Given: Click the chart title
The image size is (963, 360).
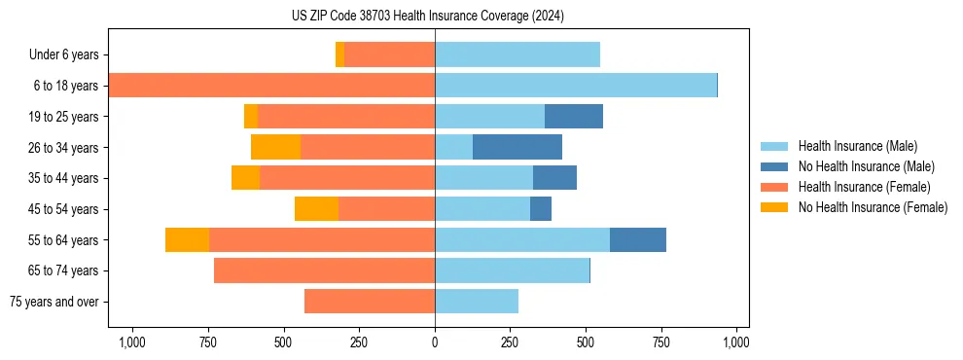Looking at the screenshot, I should tap(427, 16).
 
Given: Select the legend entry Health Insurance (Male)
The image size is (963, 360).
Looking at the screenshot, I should tap(856, 146).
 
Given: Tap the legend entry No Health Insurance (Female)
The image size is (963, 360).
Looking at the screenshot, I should tap(873, 207).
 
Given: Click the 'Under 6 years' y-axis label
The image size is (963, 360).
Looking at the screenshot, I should tap(63, 55).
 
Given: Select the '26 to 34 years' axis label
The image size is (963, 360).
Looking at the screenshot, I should tap(63, 148).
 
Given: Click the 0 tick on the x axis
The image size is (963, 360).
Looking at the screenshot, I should tap(435, 342).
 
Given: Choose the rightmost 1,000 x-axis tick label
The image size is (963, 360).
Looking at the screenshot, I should tap(736, 342).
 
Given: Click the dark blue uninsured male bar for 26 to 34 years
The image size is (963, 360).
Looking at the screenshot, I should tap(517, 147).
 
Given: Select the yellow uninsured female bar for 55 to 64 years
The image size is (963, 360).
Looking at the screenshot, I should tap(187, 239).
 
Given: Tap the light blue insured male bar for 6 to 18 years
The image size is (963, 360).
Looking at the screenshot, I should tap(576, 86).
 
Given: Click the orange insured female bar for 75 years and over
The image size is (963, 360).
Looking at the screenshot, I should tap(370, 302).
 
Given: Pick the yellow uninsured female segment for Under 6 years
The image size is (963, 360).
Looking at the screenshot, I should tap(339, 54).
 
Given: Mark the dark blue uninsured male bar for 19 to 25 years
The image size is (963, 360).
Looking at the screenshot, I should tap(574, 117).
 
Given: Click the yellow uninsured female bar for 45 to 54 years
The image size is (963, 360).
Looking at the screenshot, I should tap(316, 209).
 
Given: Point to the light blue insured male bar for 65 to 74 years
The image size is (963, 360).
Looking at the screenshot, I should tap(512, 270).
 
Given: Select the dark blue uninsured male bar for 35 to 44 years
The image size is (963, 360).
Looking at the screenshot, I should tap(554, 178).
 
